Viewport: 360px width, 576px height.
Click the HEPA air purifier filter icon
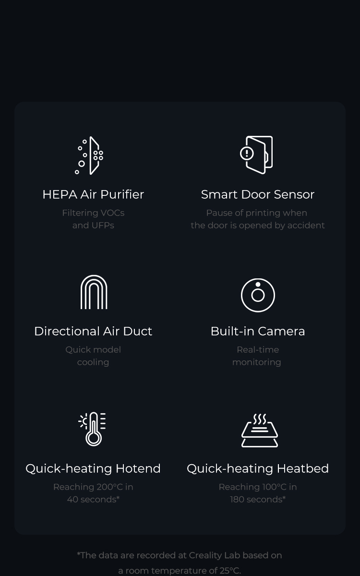click(x=89, y=156)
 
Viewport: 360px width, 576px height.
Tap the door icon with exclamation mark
click(x=257, y=155)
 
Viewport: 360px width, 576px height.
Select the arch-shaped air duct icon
click(x=94, y=292)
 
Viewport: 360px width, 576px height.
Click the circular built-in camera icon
click(x=258, y=295)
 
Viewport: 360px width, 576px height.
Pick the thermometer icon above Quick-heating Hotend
click(x=93, y=429)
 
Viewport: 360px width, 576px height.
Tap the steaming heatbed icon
click(x=260, y=431)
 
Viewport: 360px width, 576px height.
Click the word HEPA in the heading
click(x=60, y=194)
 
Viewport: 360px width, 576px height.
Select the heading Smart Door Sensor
click(x=258, y=194)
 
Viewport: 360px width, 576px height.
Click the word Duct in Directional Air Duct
click(x=138, y=331)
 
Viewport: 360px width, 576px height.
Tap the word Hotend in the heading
click(x=138, y=468)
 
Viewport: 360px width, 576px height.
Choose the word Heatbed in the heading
click(x=303, y=468)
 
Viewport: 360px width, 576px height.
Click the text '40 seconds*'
click(x=93, y=499)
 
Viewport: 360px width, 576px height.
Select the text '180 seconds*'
click(x=258, y=499)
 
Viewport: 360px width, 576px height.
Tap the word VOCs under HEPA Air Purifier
click(x=112, y=213)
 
